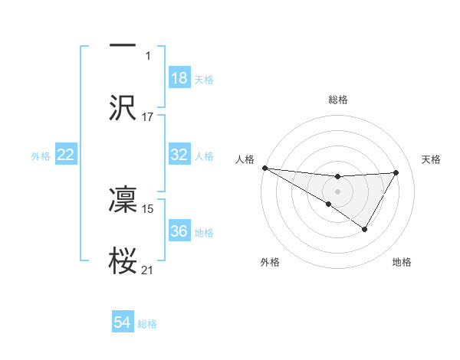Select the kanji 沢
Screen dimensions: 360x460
point(123,107)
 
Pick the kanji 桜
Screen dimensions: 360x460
point(123,260)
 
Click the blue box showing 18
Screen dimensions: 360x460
point(179,78)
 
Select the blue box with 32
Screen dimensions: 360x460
point(179,155)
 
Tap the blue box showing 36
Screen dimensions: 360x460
point(179,231)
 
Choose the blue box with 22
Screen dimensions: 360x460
point(66,155)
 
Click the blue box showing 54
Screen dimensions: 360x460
point(123,322)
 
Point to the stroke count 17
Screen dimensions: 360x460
point(148,116)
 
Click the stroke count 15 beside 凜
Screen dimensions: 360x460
point(148,208)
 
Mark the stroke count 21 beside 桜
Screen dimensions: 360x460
point(148,270)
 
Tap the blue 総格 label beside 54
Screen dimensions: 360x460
point(147,324)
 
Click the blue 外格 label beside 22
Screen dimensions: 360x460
point(41,156)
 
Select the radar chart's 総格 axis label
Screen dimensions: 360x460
point(338,100)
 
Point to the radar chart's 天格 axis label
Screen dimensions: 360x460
point(432,159)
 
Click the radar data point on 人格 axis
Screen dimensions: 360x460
point(264,168)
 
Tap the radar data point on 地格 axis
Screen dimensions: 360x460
point(365,229)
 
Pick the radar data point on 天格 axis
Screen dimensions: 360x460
point(396,172)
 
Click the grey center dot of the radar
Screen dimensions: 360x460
point(337,190)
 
